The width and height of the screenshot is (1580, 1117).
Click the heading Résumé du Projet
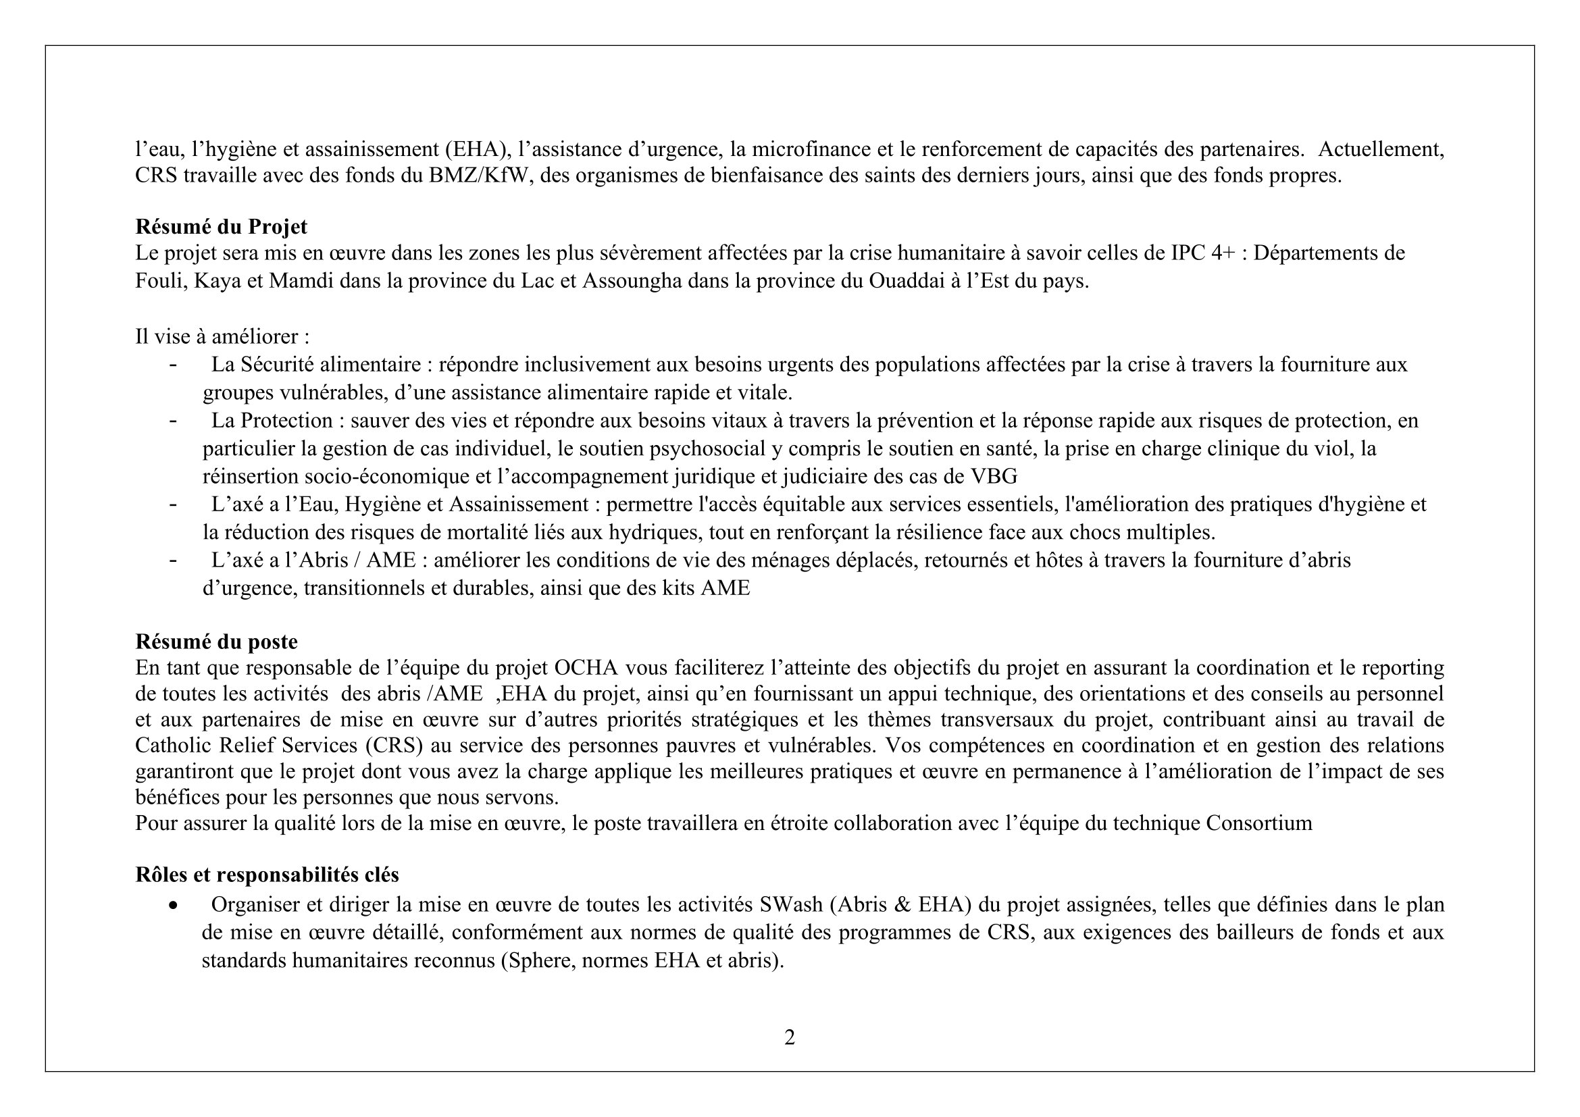221,226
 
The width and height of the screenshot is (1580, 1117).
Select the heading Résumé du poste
216,641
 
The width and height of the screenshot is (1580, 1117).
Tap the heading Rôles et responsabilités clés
267,874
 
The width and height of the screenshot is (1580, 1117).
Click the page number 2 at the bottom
789,1037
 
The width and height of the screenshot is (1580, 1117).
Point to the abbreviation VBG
994,476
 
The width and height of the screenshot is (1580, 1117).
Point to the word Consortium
1258,823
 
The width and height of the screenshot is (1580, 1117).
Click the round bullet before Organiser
174,905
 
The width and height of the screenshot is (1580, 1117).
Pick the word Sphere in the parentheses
541,960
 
